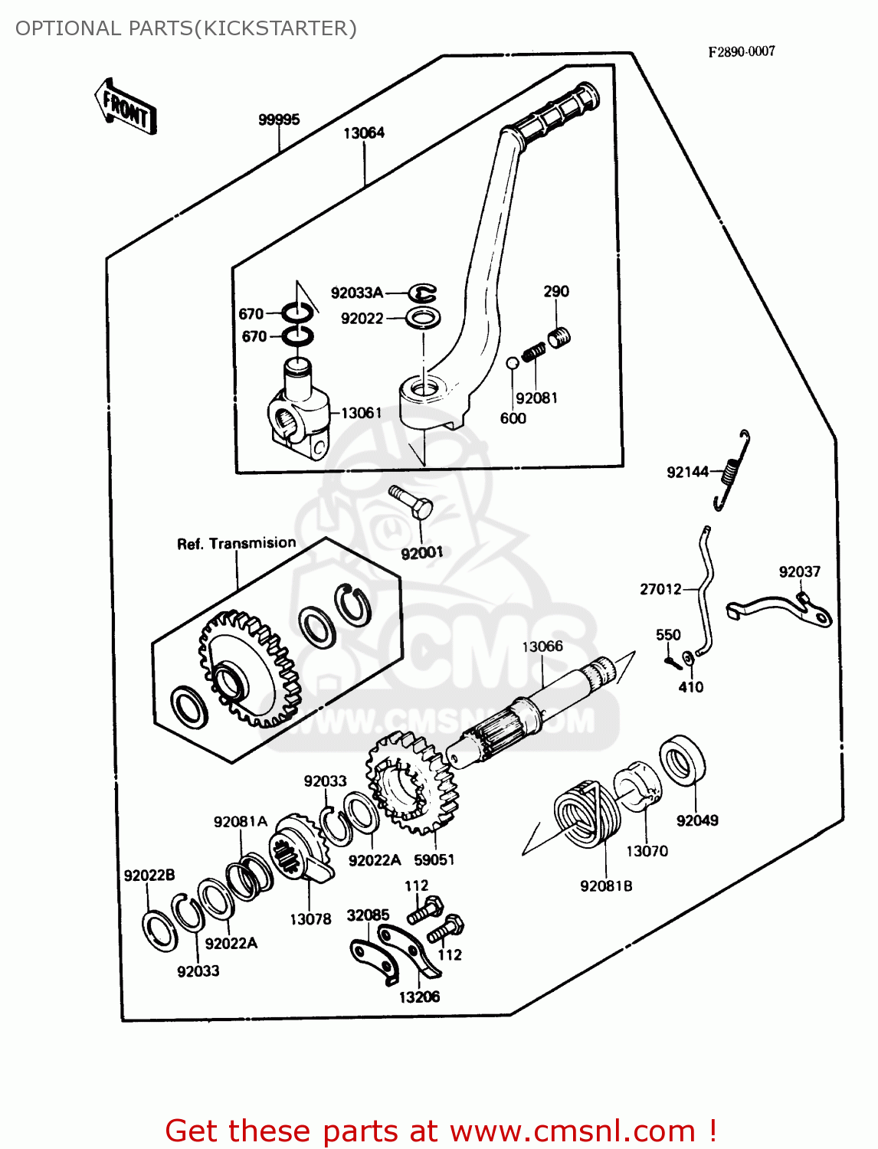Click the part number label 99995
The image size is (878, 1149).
click(x=279, y=119)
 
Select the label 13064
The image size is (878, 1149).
click(x=363, y=133)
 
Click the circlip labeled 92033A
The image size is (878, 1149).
click(x=421, y=293)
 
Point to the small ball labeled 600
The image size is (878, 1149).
click(x=513, y=362)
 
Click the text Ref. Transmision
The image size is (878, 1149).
click(x=236, y=543)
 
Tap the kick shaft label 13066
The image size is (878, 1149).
click(x=542, y=647)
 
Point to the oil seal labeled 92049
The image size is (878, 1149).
click(x=683, y=759)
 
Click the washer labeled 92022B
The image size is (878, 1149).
click(x=160, y=931)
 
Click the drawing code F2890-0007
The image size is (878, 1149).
click(x=741, y=51)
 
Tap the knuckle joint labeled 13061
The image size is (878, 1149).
click(x=299, y=413)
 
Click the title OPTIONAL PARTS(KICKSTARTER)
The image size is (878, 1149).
click(x=186, y=28)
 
